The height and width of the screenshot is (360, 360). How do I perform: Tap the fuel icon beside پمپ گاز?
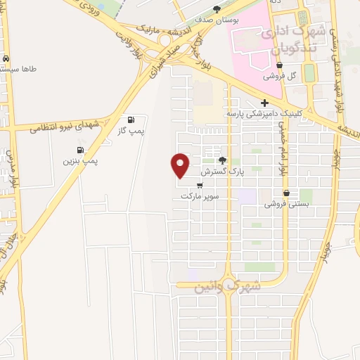131,119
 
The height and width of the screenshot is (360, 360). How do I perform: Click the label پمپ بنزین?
80,161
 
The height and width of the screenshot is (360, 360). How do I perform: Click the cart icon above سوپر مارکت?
200,186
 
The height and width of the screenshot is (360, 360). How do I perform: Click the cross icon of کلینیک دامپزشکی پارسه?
264,103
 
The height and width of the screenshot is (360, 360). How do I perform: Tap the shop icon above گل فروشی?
269,65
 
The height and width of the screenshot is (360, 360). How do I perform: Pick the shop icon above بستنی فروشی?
286,193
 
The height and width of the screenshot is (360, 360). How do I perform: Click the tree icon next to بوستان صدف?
217,9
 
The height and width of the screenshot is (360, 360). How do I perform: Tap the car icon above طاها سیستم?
6,59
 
